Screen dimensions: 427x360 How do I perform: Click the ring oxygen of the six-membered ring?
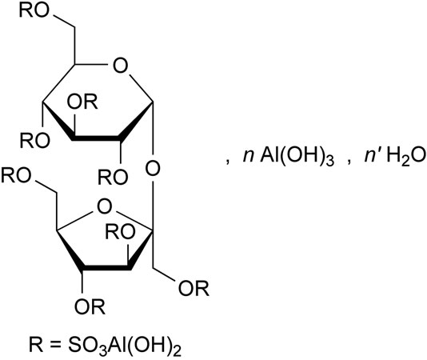pyautogui.click(x=120, y=66)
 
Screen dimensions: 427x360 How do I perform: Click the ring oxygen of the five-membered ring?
pyautogui.click(x=104, y=206)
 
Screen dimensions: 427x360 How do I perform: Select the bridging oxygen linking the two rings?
pyautogui.click(x=153, y=168)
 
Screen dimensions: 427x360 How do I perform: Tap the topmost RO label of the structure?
pyautogui.click(x=34, y=11)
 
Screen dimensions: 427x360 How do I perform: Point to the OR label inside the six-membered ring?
pyautogui.click(x=82, y=102)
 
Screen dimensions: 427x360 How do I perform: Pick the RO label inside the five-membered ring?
pyautogui.click(x=120, y=232)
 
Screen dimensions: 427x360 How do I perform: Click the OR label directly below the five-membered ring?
pyautogui.click(x=90, y=306)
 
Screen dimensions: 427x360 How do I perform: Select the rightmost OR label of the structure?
pyautogui.click(x=194, y=288)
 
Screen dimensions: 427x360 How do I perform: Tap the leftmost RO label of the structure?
pyautogui.click(x=16, y=175)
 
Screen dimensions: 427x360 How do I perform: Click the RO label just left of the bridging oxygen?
pyautogui.click(x=113, y=178)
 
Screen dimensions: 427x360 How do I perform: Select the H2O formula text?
pyautogui.click(x=406, y=157)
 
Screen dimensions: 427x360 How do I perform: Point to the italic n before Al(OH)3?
pyautogui.click(x=249, y=158)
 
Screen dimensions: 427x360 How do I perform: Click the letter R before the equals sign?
pyautogui.click(x=36, y=345)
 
